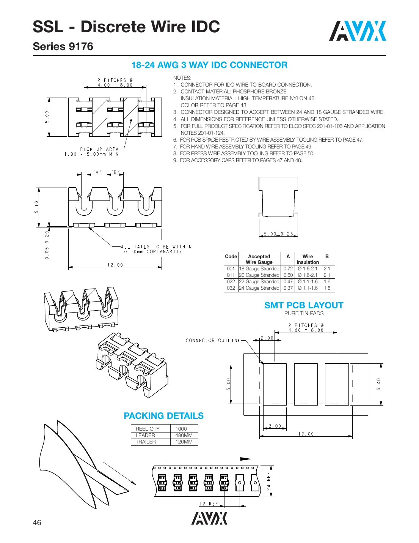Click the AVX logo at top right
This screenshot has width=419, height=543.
pos(357,31)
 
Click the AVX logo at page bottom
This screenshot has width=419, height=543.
pos(209,519)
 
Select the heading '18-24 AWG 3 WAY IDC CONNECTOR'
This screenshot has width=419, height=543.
pos(209,65)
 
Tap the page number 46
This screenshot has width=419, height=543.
pos(37,522)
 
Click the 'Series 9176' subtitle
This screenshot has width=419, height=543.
pos(63,46)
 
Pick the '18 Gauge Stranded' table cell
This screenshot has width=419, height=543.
pos(259,269)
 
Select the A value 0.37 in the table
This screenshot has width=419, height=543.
pos(288,288)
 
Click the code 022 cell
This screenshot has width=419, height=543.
pos(231,282)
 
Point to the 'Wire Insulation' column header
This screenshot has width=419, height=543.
pos(308,259)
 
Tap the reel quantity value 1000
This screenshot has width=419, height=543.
pos(181,429)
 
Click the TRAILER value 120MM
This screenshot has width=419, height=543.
pos(184,442)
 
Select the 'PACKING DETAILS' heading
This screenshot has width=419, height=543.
pos(163,416)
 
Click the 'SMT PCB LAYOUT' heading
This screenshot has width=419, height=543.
pos(304,305)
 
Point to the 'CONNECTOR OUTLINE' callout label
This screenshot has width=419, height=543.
pos(213,341)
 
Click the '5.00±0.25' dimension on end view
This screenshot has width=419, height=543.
pos(278,234)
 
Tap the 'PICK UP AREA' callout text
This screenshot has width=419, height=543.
pos(99,149)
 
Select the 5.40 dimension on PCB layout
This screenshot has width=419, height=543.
pos(378,384)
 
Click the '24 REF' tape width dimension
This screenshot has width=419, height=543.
pos(269,481)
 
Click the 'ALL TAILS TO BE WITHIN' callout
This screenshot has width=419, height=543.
pos(156,247)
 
